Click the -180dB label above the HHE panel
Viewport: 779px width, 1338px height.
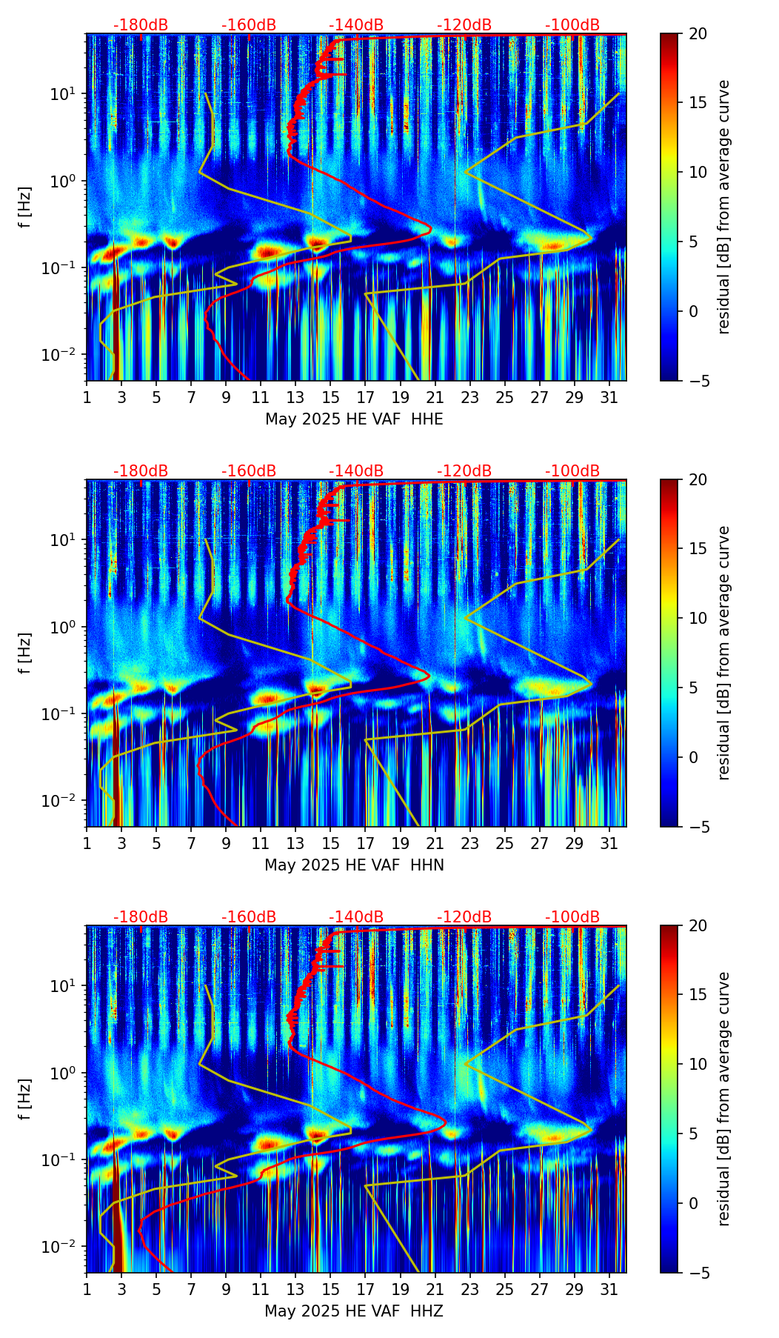[141, 25]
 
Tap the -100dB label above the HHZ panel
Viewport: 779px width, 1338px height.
[572, 917]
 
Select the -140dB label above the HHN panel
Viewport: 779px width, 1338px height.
[356, 471]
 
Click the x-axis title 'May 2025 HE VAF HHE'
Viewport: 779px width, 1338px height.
[354, 419]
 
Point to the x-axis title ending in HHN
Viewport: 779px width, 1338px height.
[354, 865]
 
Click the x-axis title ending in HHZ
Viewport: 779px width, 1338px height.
[354, 1311]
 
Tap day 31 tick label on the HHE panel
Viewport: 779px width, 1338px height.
[609, 398]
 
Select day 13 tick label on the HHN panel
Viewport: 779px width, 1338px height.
[295, 844]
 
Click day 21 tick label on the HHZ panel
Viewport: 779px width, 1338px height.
[435, 1290]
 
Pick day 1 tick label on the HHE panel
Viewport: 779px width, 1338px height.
[87, 398]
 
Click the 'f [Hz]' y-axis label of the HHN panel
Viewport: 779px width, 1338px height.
[25, 653]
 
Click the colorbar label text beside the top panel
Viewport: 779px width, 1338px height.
[724, 207]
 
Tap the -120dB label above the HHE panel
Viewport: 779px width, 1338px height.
[464, 25]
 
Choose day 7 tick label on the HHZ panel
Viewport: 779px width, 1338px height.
[191, 1290]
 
